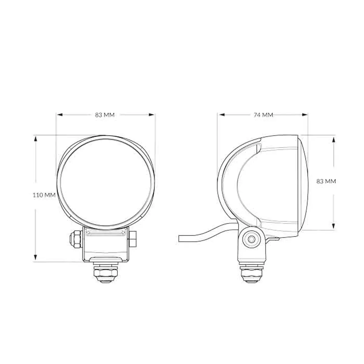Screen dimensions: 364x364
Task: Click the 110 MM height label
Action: pos(44,195)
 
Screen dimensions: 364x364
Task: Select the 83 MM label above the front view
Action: pos(105,115)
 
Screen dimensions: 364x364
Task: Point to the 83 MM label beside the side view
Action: pos(326,181)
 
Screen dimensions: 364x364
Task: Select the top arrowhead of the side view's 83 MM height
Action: pos(334,139)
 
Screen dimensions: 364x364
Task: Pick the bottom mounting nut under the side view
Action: pos(251,274)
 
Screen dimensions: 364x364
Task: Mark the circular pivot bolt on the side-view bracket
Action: pos(251,239)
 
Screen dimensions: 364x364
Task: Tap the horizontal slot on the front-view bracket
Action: pos(106,233)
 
